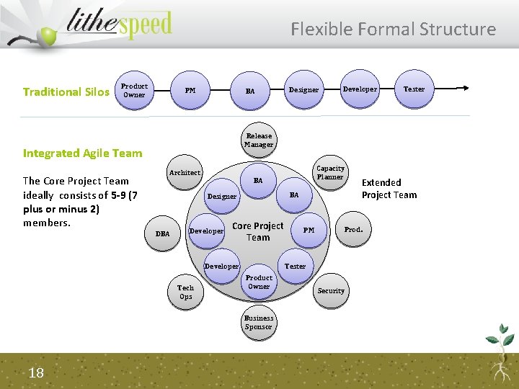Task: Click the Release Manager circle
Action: pyautogui.click(x=258, y=140)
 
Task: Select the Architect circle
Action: pyautogui.click(x=185, y=173)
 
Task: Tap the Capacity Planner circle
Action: pyautogui.click(x=330, y=173)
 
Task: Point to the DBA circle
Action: pyautogui.click(x=163, y=233)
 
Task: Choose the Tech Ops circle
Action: pyautogui.click(x=185, y=292)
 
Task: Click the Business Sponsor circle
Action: pyautogui.click(x=258, y=322)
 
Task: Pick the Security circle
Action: pyautogui.click(x=331, y=290)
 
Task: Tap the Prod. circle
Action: pyautogui.click(x=353, y=230)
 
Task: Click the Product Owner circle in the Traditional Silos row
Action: pyautogui.click(x=134, y=90)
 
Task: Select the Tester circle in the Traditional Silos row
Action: pyautogui.click(x=414, y=89)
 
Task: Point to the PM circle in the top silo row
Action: pyautogui.click(x=190, y=91)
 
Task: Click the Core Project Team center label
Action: pyautogui.click(x=257, y=231)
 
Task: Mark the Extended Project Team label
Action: pyautogui.click(x=389, y=189)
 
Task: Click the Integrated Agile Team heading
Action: pyautogui.click(x=83, y=153)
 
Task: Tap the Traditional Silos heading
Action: pyautogui.click(x=66, y=91)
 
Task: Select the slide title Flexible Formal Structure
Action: pyautogui.click(x=393, y=30)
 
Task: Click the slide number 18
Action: pyautogui.click(x=36, y=372)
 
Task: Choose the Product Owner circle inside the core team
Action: pyautogui.click(x=258, y=282)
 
